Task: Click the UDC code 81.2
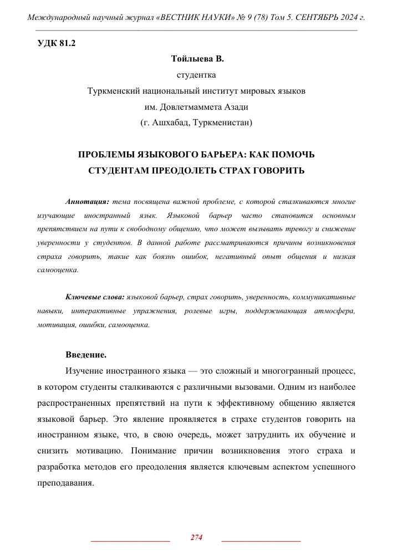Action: [67, 44]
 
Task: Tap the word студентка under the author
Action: [196, 75]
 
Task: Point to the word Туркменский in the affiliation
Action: [115, 90]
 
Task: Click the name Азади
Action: [236, 106]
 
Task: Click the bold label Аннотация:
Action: [87, 202]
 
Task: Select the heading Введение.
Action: [86, 354]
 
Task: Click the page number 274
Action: [196, 537]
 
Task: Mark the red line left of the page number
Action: [130, 539]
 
